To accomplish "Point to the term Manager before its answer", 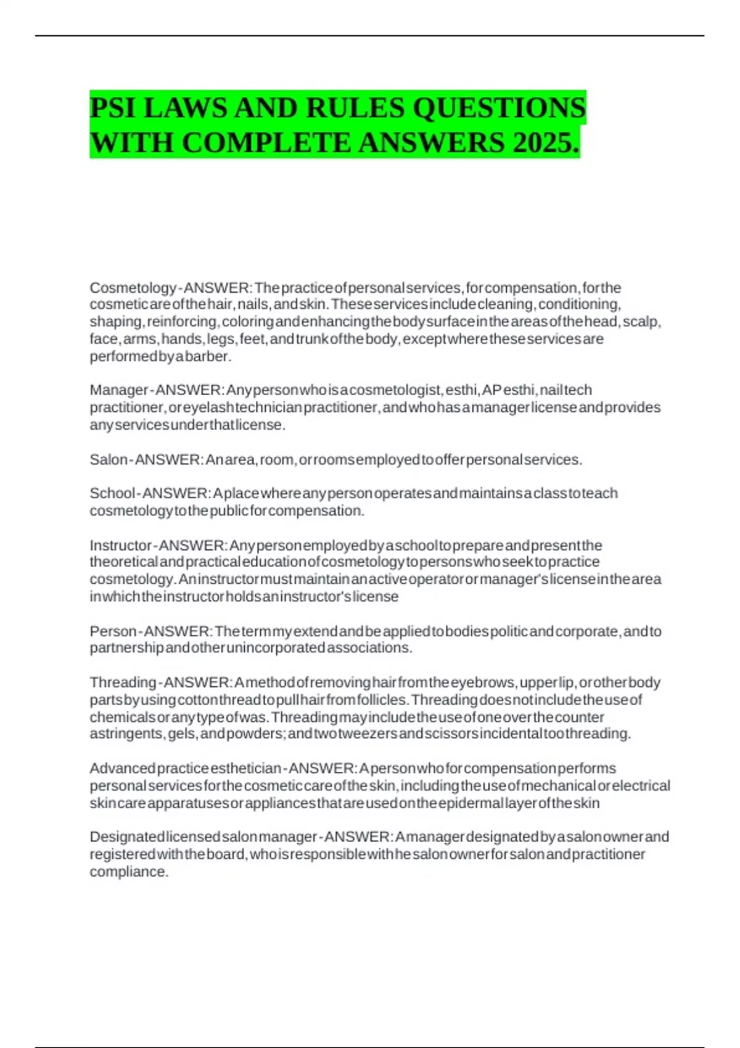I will pyautogui.click(x=118, y=390).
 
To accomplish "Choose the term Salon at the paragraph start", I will pyautogui.click(x=109, y=460).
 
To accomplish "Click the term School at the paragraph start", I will pyautogui.click(x=112, y=493).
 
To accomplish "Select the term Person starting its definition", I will pyautogui.click(x=113, y=631).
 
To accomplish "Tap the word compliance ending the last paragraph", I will pyautogui.click(x=128, y=872).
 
